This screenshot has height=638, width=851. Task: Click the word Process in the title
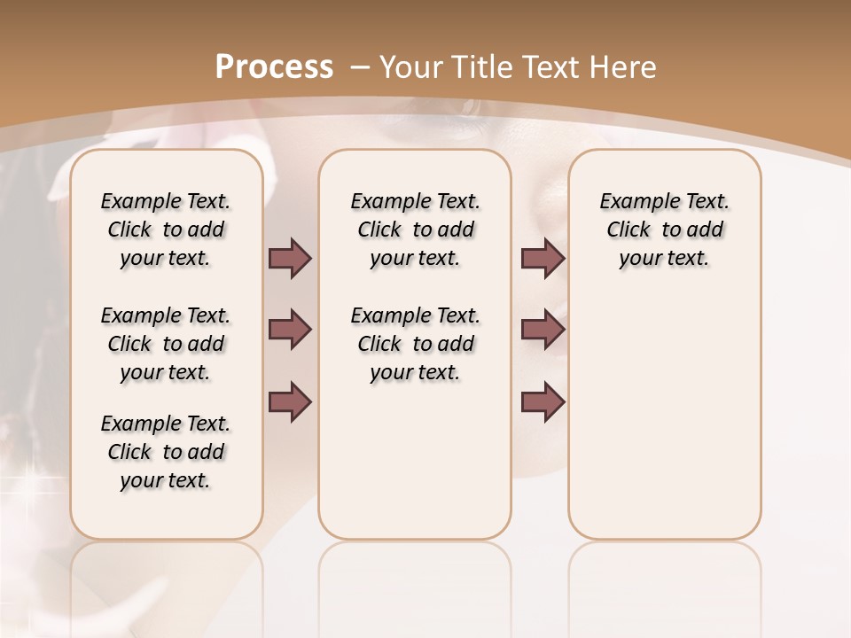pos(274,67)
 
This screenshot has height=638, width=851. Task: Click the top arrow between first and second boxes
pos(291,258)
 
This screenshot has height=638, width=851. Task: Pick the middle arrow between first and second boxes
pos(291,330)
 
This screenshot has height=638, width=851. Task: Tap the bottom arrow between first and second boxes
pos(291,401)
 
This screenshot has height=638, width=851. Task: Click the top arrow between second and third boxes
pos(543,258)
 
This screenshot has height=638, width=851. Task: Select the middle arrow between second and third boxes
pos(543,330)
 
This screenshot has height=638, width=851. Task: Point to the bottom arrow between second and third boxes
pos(543,401)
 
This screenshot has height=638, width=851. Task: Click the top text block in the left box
pos(166,230)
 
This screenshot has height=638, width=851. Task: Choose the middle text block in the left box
pos(166,344)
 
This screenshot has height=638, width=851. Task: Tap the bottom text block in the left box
pos(166,452)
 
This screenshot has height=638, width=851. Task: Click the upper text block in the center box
pos(415,230)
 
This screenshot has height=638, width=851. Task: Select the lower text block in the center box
pos(415,344)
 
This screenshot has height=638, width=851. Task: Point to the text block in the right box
pos(665,230)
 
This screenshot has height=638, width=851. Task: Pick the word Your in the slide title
pos(412,67)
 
